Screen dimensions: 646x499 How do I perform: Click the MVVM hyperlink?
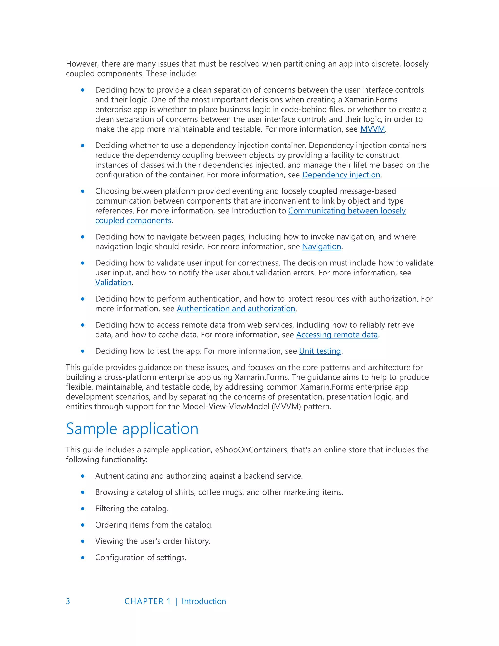tap(372, 129)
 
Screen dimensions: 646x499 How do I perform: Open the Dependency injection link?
tap(341, 175)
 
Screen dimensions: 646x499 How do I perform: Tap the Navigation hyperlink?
tap(321, 247)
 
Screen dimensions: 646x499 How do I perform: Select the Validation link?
tap(113, 283)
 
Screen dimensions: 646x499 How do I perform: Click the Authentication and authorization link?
tap(236, 309)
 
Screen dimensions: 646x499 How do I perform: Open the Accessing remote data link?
tap(337, 335)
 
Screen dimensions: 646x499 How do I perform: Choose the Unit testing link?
tap(320, 351)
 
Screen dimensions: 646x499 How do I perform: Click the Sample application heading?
tap(132, 429)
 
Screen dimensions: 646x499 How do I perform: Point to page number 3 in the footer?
tap(68, 601)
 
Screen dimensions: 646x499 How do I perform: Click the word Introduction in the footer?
tap(204, 601)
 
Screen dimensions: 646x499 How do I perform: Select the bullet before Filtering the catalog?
tap(83, 509)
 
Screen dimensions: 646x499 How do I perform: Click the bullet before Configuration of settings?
tap(83, 558)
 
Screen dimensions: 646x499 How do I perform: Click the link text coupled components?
tap(133, 221)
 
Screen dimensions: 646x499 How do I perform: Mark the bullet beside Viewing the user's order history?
tap(83, 541)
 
